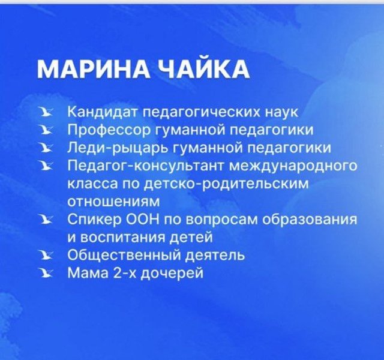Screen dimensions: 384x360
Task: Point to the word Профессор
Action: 110,131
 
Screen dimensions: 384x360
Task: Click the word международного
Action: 293,166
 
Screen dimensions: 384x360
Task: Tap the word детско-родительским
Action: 226,184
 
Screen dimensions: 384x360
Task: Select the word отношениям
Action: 113,202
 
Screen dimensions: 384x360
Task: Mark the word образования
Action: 309,219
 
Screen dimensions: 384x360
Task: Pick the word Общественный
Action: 125,256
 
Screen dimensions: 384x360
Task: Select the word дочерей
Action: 173,274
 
